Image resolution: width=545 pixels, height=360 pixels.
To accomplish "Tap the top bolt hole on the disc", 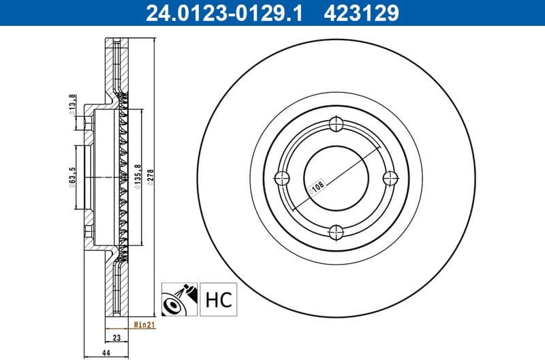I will click(x=337, y=124).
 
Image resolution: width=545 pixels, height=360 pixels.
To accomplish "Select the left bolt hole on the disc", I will click(x=281, y=179).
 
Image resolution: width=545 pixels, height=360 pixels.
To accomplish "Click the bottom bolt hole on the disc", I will click(x=337, y=233).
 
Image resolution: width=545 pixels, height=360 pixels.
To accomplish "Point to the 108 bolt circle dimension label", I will click(x=317, y=186).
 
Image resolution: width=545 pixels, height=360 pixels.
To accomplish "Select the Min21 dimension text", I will click(x=144, y=325).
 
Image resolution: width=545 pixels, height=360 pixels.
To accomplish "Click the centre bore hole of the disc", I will click(x=337, y=179).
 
